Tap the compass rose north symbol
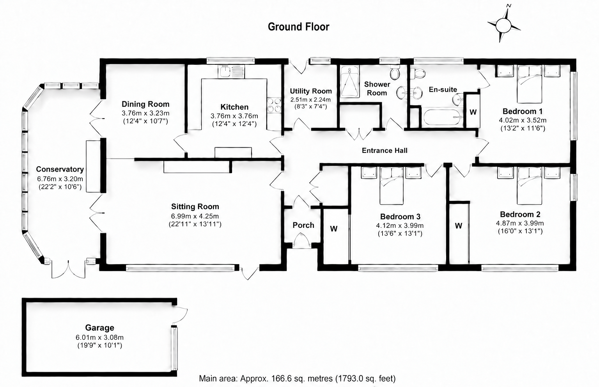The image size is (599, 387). [x=504, y=25]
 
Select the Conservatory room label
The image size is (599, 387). [x=60, y=169]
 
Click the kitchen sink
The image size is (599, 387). [x=231, y=72]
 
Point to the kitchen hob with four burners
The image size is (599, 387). [x=274, y=105]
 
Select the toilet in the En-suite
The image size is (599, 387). [x=418, y=73]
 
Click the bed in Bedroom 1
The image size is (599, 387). [x=529, y=84]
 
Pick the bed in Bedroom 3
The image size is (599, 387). [x=392, y=186]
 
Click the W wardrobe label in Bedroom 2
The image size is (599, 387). [x=459, y=226]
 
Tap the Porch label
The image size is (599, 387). [x=303, y=225]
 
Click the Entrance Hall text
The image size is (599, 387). [x=385, y=150]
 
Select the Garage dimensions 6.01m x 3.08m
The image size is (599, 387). [x=99, y=337]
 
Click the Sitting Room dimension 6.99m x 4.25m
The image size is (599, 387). [x=195, y=216]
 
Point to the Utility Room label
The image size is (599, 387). [x=311, y=91]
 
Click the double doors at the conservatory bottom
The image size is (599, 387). [x=69, y=269]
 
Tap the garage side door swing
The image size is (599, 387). [x=180, y=316]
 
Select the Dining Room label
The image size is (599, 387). [x=145, y=104]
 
